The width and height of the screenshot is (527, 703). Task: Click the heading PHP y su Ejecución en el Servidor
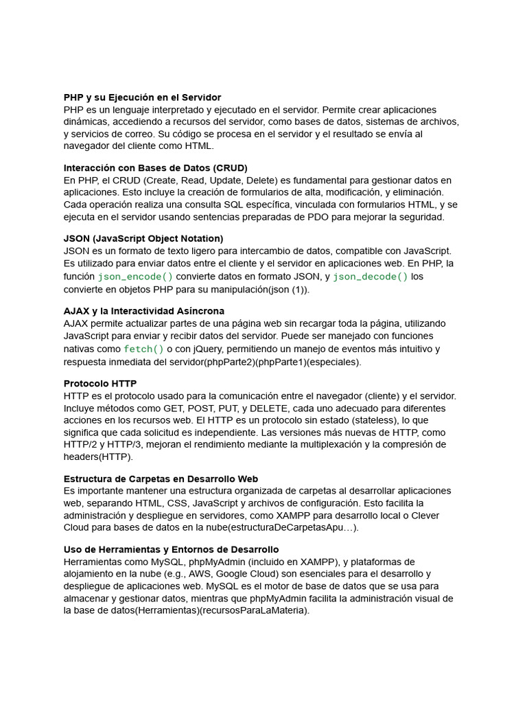(x=142, y=97)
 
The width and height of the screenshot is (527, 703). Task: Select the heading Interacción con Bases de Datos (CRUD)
(x=155, y=168)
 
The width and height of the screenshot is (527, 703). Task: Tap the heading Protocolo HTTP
(x=100, y=384)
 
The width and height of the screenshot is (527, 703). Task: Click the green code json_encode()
(x=135, y=277)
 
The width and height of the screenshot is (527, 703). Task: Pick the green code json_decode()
(x=371, y=277)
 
